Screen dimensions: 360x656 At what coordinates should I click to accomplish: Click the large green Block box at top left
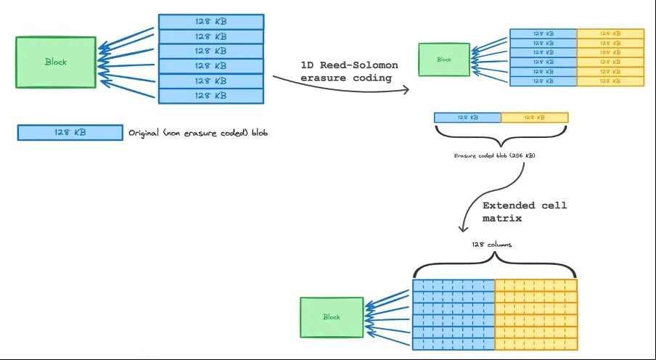56,62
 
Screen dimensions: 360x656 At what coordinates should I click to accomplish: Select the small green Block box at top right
444,60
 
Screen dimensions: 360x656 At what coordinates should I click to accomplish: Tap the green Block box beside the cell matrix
332,317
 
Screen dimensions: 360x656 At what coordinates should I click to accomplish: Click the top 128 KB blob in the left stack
210,22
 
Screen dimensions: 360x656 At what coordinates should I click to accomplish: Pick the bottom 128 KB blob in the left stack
210,95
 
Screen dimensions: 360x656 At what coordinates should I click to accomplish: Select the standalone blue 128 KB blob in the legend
70,133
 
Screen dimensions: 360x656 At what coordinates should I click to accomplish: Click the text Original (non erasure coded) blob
198,134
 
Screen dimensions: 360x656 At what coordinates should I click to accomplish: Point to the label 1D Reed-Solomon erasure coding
349,72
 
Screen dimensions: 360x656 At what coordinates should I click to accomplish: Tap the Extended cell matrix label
525,211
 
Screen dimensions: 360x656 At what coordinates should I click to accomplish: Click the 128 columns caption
491,245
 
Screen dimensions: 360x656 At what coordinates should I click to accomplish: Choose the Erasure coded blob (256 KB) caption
495,156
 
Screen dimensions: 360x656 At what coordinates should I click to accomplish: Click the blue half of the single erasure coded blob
467,117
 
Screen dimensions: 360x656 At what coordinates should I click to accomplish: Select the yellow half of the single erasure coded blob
534,117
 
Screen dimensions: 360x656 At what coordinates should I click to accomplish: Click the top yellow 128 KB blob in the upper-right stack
610,33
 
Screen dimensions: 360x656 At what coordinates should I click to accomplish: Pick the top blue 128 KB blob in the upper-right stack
543,33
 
